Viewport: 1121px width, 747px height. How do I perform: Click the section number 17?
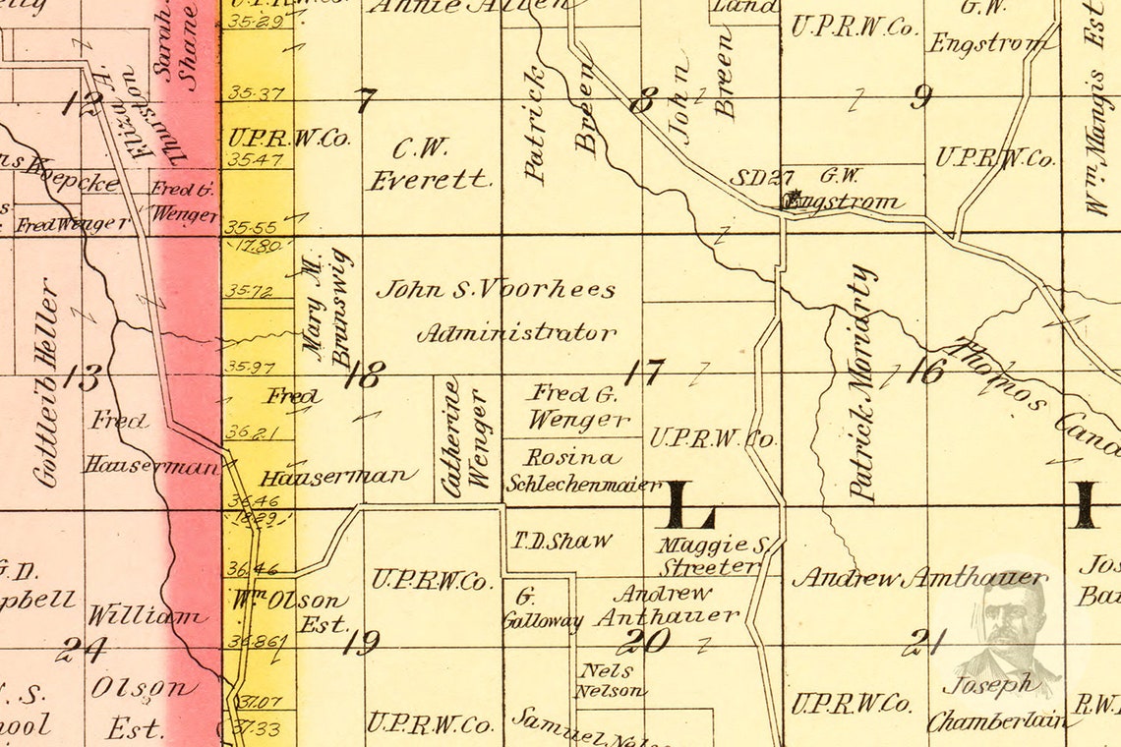tap(643, 373)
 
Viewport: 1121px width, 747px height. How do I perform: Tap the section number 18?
tap(364, 374)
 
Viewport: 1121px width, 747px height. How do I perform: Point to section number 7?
tap(365, 99)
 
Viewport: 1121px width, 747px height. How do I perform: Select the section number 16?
tap(925, 371)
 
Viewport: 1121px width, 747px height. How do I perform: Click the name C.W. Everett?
tap(429, 164)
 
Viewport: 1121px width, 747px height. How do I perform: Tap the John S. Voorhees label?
tap(497, 290)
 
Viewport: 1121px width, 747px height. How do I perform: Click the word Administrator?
tap(517, 333)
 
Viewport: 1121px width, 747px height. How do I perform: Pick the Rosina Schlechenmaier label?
tap(582, 470)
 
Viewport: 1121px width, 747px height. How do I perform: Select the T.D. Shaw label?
tap(561, 541)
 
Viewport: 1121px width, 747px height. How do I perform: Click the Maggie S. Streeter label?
tap(712, 555)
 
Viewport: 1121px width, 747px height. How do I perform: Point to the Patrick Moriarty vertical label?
tap(862, 383)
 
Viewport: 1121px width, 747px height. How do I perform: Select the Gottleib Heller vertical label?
tap(46, 383)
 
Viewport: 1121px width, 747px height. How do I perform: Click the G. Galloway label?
tap(542, 609)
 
